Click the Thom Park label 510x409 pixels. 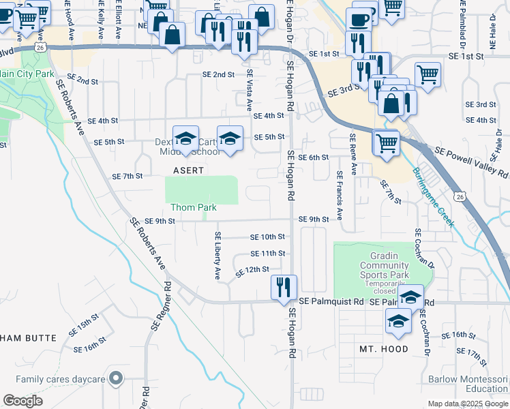pos(194,207)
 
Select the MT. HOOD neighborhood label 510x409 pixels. pos(384,349)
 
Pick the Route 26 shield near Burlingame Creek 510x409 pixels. pos(461,197)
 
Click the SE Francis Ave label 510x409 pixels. pos(339,196)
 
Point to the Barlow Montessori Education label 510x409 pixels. pos(468,384)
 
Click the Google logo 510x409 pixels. pos(22,401)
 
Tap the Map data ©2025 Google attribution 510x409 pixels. pos(467,404)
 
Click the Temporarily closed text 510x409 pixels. pos(385,288)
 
